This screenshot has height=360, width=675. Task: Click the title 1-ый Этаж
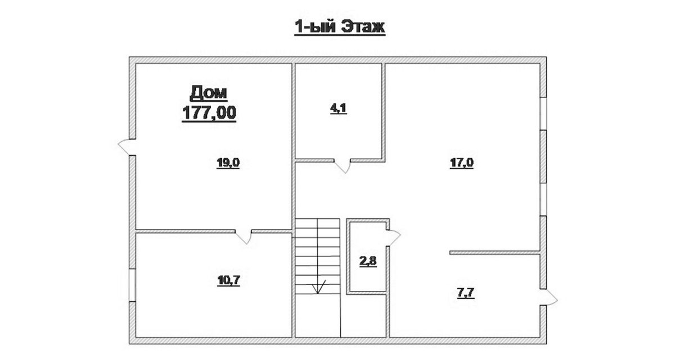coord(340,26)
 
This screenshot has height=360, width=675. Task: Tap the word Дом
coord(209,92)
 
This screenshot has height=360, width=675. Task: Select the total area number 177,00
coord(209,112)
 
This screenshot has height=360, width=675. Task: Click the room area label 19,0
coord(228,163)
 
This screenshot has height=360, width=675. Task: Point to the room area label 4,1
coord(339,108)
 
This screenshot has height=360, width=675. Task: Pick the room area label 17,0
coord(462,163)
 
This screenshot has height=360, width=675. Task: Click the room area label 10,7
coord(229,281)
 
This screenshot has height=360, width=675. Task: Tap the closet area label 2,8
coord(368,261)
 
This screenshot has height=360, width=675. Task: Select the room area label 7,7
coord(466,293)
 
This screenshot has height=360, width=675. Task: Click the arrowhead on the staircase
coord(317,288)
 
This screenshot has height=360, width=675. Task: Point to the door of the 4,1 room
coord(343,166)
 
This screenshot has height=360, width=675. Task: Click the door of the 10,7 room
coord(244,237)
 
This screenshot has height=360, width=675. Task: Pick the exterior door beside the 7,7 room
coord(548,298)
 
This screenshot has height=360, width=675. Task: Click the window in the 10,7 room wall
coord(132,285)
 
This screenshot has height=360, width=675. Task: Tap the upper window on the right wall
coord(543,114)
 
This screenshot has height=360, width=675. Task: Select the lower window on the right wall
coord(543,200)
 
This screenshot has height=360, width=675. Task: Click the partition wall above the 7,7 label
coord(494,253)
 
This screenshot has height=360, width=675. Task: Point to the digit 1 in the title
coord(299,27)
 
